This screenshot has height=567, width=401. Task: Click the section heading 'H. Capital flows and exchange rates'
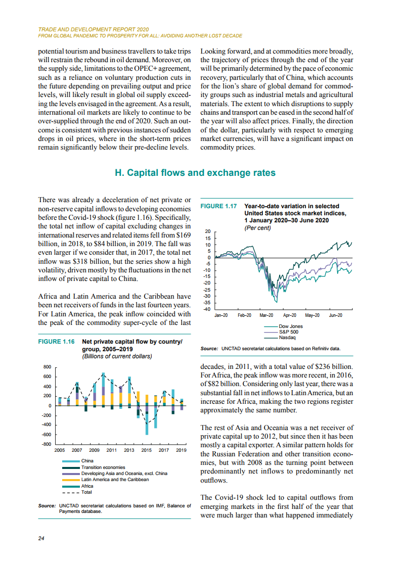pos(195,173)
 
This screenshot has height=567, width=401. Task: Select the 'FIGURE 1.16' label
pos(56,342)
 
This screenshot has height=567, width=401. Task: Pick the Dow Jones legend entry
pos(290,326)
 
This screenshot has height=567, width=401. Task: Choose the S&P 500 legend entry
pos(288,332)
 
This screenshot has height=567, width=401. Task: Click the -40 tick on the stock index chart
pos(206,309)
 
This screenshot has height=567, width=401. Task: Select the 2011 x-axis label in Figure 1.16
pos(112,450)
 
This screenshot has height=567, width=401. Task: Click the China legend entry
pos(87,461)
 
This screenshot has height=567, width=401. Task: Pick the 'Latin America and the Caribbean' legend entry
pos(115,480)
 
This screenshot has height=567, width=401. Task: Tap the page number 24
pos(42,538)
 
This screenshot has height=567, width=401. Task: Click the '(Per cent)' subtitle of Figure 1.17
pos(257,227)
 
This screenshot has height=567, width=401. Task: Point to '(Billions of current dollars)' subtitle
pos(117,356)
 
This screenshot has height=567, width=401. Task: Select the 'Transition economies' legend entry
pos(103,467)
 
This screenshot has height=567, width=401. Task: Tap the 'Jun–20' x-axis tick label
pos(335,316)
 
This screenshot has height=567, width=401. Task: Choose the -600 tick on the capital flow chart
pos(46,435)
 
